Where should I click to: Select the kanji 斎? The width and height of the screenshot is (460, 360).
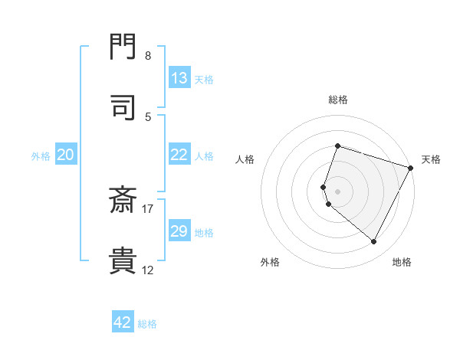(x=123, y=201)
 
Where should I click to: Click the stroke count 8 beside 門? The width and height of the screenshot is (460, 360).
(x=147, y=56)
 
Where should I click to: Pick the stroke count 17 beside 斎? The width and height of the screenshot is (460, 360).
(x=148, y=208)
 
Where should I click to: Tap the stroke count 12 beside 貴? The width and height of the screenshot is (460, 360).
(x=148, y=270)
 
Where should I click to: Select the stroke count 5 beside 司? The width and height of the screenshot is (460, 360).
(x=148, y=116)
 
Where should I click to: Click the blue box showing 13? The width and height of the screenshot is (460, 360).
(x=179, y=78)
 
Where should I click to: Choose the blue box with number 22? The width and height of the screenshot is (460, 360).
(x=179, y=155)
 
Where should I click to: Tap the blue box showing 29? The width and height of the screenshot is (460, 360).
(x=179, y=231)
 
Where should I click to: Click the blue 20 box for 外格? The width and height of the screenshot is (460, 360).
(x=66, y=155)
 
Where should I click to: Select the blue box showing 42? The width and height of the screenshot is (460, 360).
(x=123, y=322)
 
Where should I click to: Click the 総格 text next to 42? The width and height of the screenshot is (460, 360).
(x=147, y=324)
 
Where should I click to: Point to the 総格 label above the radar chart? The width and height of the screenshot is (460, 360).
(x=338, y=100)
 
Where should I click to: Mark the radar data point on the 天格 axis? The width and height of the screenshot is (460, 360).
(x=411, y=168)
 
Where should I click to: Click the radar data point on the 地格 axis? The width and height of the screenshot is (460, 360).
(x=374, y=242)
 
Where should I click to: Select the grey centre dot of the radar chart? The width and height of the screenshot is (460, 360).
(x=338, y=191)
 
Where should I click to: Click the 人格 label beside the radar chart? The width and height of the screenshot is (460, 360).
(x=245, y=159)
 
